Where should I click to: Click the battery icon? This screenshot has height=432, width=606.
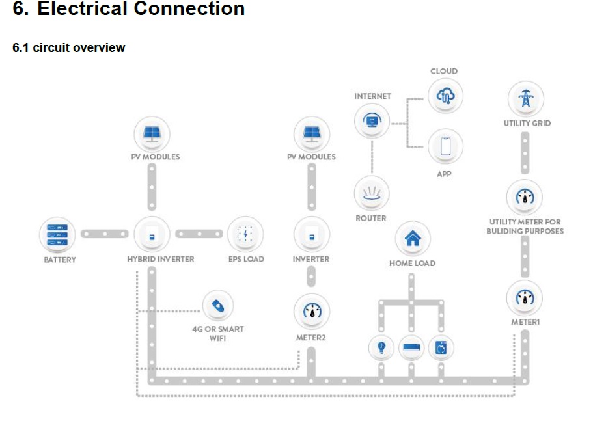(x=58, y=234)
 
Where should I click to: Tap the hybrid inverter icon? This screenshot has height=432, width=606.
(x=152, y=234)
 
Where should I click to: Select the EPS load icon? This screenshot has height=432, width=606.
(x=245, y=234)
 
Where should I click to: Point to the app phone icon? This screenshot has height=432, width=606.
(x=446, y=146)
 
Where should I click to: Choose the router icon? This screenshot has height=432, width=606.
(x=372, y=193)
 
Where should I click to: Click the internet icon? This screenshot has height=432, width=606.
(x=372, y=120)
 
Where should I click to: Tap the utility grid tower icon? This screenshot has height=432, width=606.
(x=525, y=99)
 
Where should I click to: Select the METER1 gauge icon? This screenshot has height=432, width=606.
(x=525, y=298)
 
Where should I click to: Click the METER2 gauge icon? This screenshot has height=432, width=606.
(x=312, y=311)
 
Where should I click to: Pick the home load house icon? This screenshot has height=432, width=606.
(x=413, y=238)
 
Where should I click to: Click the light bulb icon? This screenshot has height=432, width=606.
(x=381, y=347)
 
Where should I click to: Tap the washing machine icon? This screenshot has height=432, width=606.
(x=441, y=348)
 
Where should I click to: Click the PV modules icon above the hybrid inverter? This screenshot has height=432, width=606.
(x=152, y=134)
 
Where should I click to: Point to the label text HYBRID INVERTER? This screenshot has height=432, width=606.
(x=160, y=259)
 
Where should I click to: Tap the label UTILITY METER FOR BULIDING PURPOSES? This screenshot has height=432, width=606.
(x=525, y=226)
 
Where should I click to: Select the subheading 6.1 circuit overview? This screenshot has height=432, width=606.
(x=69, y=47)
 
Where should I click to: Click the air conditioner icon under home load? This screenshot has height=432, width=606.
(x=411, y=348)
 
